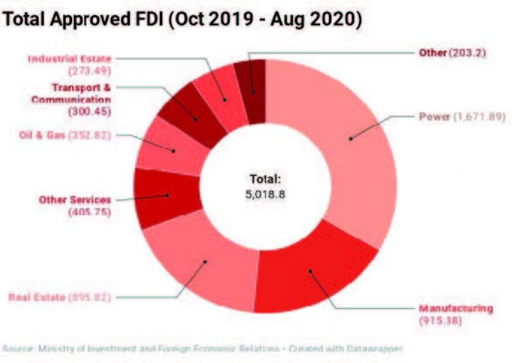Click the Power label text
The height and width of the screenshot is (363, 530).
(x=434, y=117)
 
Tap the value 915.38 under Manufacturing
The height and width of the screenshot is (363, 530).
(x=440, y=320)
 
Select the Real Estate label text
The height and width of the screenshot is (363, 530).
(x=37, y=297)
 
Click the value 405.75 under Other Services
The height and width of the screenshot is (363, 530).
(x=88, y=212)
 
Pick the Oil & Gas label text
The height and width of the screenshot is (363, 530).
(x=41, y=134)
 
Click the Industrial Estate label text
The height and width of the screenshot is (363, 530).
(x=69, y=58)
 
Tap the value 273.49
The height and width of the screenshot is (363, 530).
(x=88, y=70)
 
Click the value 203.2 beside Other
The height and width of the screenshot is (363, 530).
(x=466, y=53)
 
